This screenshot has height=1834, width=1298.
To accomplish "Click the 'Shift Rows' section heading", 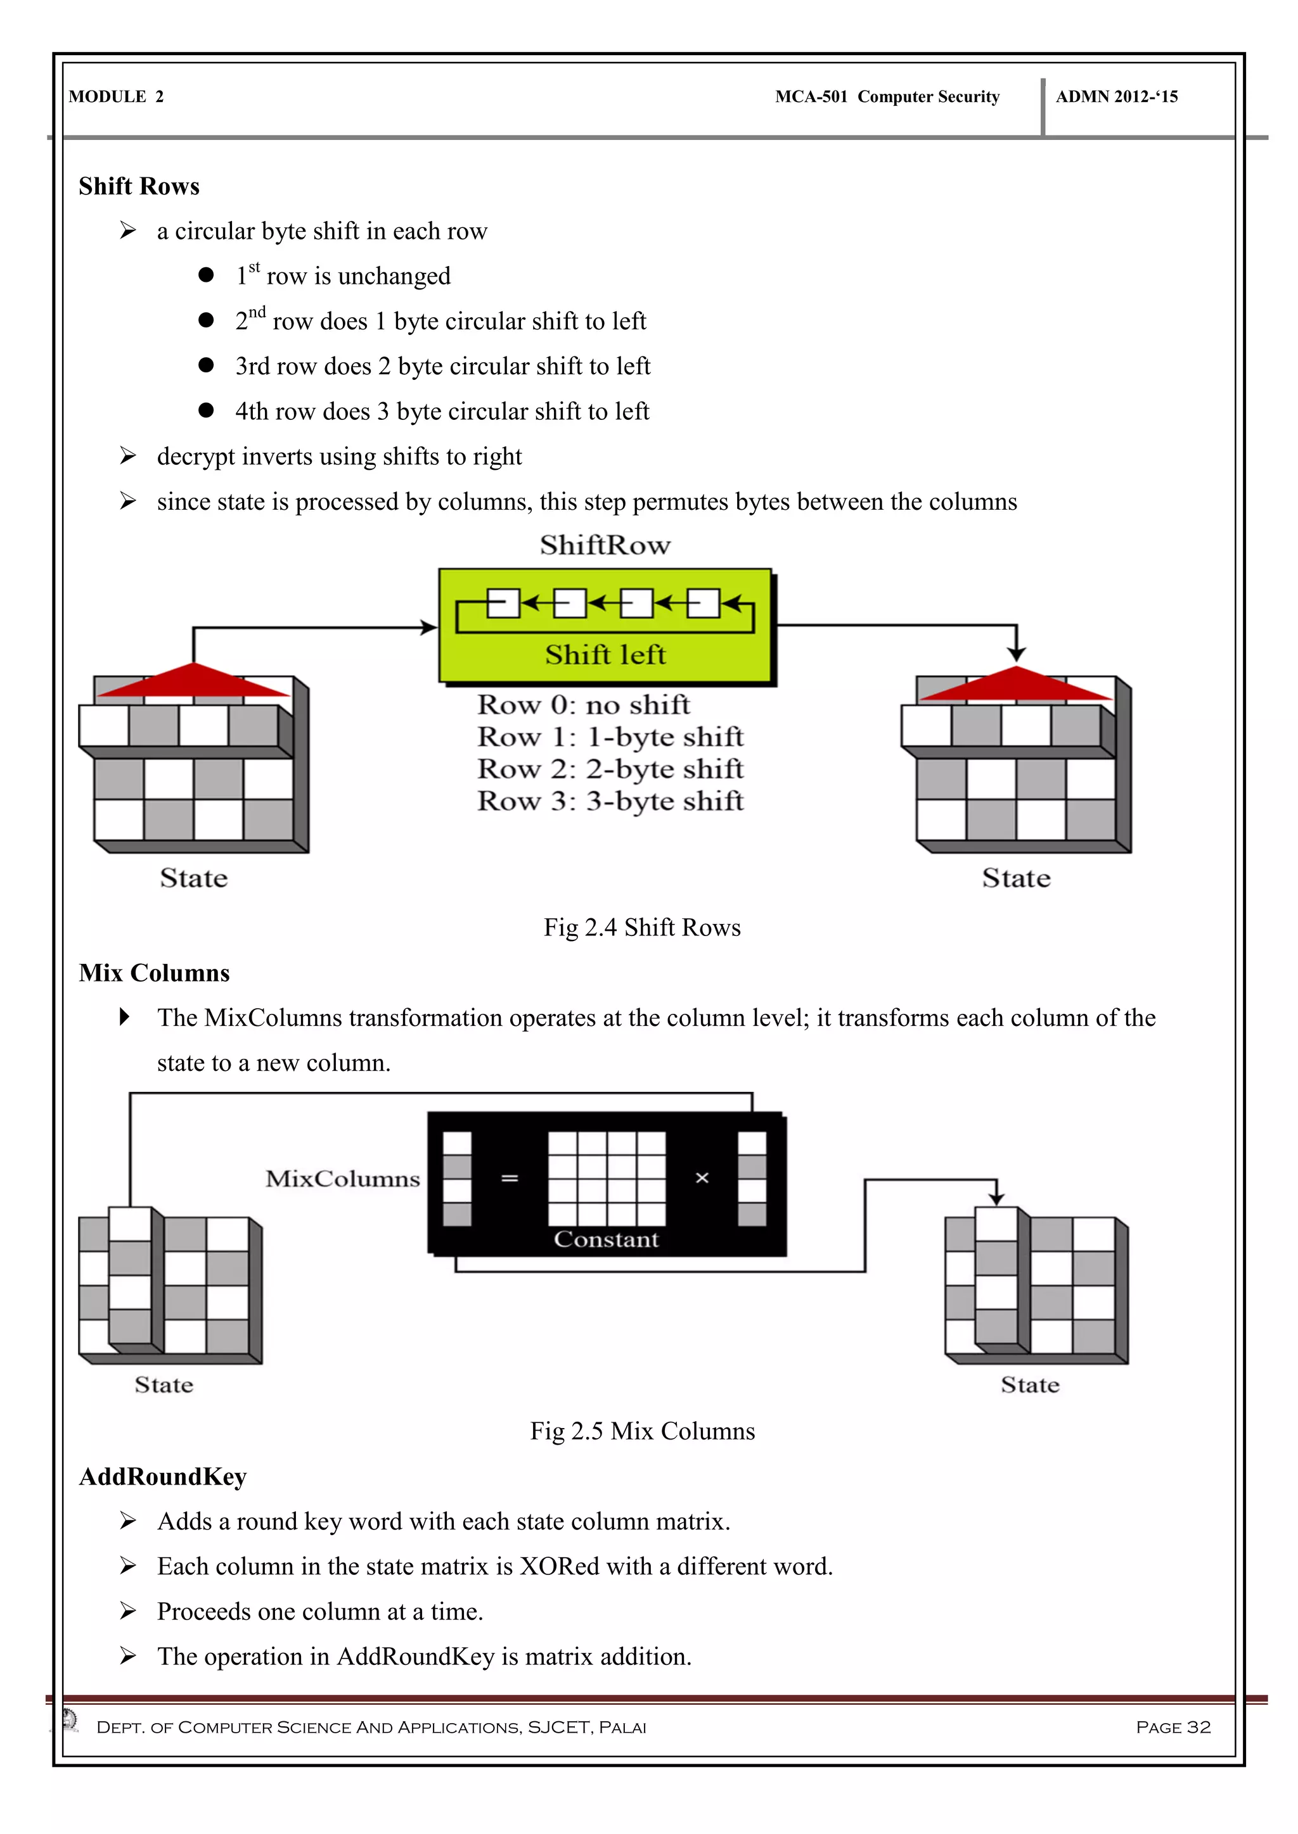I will (x=139, y=186).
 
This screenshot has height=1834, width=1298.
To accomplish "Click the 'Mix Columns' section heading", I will (x=154, y=973).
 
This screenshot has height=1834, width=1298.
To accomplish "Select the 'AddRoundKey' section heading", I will (x=163, y=1476).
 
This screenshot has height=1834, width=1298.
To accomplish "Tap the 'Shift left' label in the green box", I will (x=605, y=655).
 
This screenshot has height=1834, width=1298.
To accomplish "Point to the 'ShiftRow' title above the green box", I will (x=605, y=545).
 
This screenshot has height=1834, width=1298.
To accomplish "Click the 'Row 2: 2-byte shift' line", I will (x=610, y=768).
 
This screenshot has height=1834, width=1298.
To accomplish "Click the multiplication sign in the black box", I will (x=702, y=1178).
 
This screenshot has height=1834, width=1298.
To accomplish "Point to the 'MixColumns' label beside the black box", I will (x=342, y=1179).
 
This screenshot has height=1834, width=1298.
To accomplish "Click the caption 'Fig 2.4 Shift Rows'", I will (x=642, y=927).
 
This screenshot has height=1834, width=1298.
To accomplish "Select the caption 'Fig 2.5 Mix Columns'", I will (x=642, y=1431).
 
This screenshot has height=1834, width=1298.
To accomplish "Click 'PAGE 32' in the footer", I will (x=1173, y=1727).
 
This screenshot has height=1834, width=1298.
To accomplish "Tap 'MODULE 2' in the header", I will (x=116, y=97).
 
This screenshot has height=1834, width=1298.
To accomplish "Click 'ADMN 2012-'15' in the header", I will (x=1117, y=97).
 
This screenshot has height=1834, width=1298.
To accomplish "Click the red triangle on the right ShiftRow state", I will (x=1015, y=685).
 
